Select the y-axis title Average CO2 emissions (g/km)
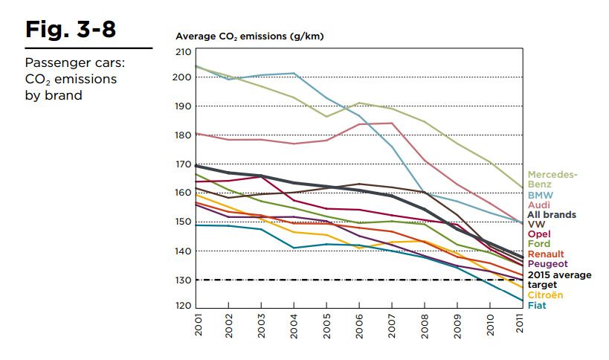[249, 36]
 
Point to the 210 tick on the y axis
[183, 52]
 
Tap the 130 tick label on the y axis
[183, 280]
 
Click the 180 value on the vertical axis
[183, 135]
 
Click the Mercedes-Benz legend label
[552, 179]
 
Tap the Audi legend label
[539, 205]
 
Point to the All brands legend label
[552, 215]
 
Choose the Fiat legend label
[537, 305]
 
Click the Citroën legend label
[545, 295]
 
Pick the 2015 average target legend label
[559, 280]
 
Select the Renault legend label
[547, 254]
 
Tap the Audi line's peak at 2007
[392, 123]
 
